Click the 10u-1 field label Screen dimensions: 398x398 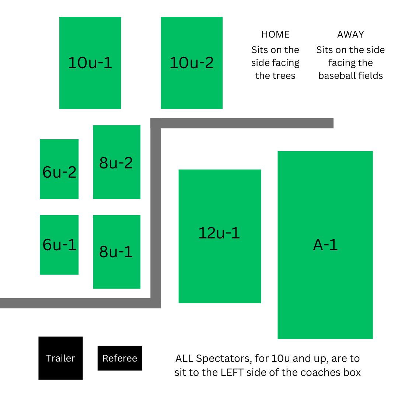click(90, 63)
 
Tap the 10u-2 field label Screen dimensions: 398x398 click(191, 63)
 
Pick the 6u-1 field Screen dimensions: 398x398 click(59, 245)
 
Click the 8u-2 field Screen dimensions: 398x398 click(116, 162)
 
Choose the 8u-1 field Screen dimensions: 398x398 click(116, 252)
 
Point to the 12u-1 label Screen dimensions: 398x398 click(219, 233)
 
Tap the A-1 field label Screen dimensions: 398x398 click(325, 245)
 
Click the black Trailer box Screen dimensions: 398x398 click(60, 358)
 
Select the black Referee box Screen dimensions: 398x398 click(120, 358)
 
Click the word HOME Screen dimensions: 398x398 click(275, 35)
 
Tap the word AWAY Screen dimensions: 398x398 click(350, 35)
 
